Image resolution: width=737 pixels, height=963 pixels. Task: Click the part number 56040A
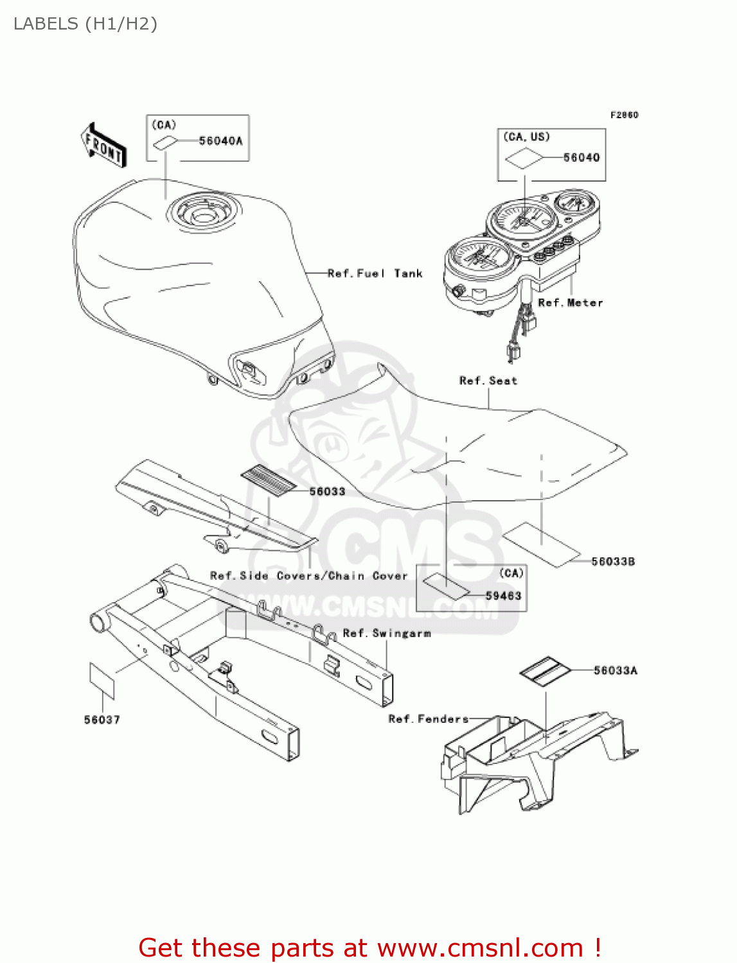tap(220, 141)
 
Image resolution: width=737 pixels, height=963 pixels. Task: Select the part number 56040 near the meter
tap(581, 158)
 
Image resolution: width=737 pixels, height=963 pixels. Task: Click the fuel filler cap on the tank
tap(203, 212)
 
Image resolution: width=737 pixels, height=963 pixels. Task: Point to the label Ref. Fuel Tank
tap(375, 273)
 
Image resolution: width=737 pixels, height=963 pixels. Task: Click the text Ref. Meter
tap(570, 303)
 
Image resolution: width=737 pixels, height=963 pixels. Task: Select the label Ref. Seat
tap(488, 381)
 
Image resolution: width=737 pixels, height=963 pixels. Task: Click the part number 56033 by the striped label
tap(327, 492)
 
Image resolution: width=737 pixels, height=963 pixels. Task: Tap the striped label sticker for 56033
tap(269, 480)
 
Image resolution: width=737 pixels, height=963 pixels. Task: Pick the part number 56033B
tap(613, 562)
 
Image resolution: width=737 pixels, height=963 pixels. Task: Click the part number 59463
tap(503, 596)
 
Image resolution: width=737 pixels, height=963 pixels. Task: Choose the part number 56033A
tap(615, 671)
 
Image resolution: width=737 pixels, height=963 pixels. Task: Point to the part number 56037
tap(102, 720)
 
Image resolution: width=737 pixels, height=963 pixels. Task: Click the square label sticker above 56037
tap(102, 681)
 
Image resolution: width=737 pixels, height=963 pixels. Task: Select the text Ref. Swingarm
tap(386, 634)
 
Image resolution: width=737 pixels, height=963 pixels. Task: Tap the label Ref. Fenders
tap(428, 719)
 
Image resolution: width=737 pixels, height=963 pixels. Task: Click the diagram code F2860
tap(624, 115)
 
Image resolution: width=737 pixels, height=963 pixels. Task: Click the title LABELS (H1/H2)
tap(85, 24)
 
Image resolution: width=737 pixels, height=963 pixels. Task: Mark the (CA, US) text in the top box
tap(526, 137)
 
